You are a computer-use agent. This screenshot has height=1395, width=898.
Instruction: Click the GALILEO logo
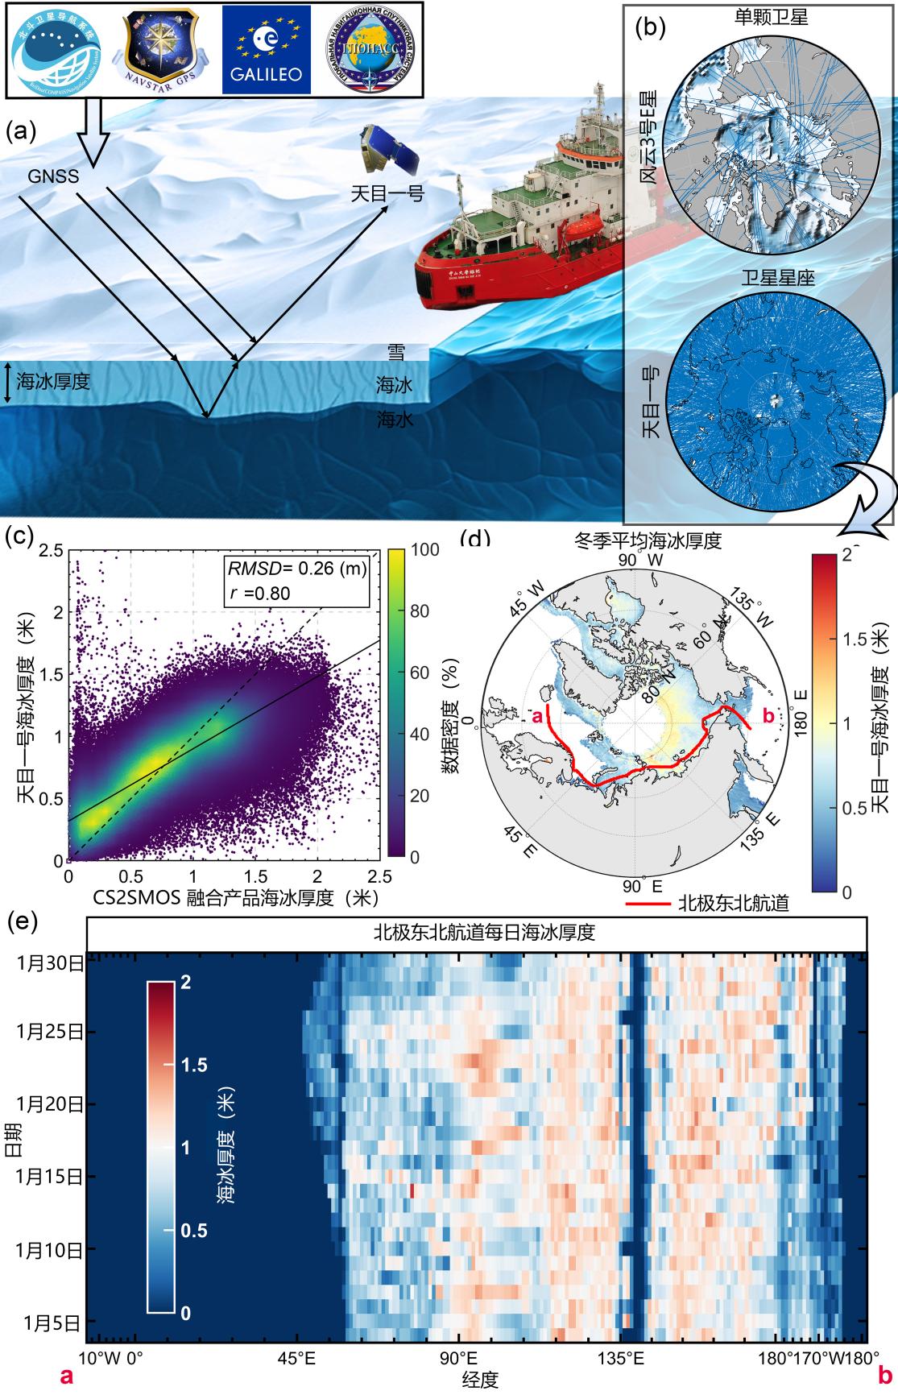[x=266, y=50]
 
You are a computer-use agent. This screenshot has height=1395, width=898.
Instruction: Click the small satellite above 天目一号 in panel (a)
[x=388, y=151]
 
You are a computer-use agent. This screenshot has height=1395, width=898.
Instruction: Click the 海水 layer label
[x=395, y=420]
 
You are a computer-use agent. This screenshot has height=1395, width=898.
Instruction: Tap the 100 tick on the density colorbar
[x=424, y=551]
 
